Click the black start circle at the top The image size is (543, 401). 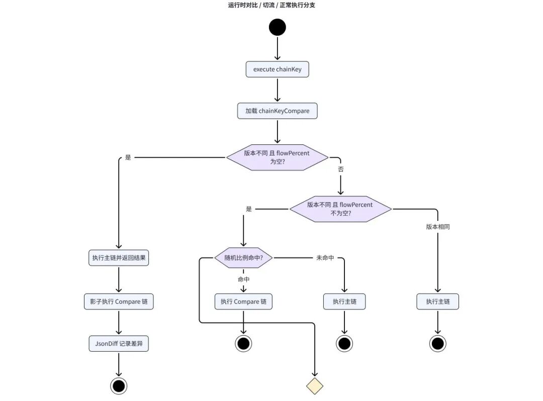click(278, 27)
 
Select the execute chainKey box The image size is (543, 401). click(278, 69)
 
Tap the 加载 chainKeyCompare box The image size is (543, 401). click(278, 111)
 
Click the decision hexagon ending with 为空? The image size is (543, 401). click(278, 157)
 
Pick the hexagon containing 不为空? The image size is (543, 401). click(341, 209)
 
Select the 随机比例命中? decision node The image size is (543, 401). click(243, 258)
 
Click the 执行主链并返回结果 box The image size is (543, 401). click(119, 258)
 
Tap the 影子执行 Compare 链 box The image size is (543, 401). click(119, 301)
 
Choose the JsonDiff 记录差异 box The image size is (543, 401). click(119, 344)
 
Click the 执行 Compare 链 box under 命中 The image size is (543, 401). click(243, 301)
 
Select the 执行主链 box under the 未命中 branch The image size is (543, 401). click(344, 301)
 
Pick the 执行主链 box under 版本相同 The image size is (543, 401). click(438, 301)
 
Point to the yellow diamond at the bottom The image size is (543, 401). click(315, 386)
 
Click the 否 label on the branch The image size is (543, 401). click(341, 169)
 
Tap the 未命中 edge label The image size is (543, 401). click(325, 258)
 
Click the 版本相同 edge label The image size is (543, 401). click(438, 227)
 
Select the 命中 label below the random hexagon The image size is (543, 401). click(243, 279)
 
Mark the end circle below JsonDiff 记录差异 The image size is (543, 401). click(119, 386)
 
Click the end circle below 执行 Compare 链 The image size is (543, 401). click(243, 344)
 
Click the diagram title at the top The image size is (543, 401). click(271, 5)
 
